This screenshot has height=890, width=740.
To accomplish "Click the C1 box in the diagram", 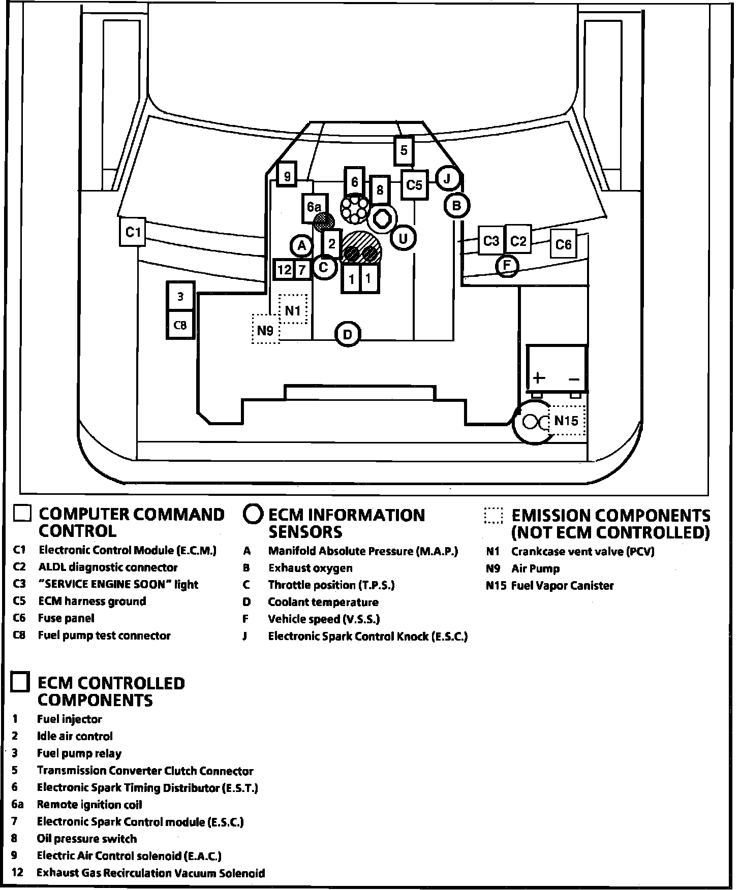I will tap(133, 232).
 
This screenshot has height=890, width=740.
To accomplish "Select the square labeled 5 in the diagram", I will tap(404, 150).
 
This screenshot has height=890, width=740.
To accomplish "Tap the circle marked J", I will tap(447, 179).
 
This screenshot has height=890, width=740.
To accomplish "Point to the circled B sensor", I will tap(456, 206).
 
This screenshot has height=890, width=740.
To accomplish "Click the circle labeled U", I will tap(403, 238).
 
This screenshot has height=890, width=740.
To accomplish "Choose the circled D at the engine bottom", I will tap(348, 335).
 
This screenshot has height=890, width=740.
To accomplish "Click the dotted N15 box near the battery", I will tap(567, 421).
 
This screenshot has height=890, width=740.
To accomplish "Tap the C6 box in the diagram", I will tap(564, 245).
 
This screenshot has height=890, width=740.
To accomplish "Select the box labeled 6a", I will tap(314, 207).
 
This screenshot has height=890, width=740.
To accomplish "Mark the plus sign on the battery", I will tap(539, 378).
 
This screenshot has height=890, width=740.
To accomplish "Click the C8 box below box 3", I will tap(180, 325).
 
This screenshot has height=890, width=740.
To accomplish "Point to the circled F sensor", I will tap(507, 265).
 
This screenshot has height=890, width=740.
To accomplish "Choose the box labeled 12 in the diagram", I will tap(284, 269).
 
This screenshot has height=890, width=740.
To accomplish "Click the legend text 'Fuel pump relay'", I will tap(79, 753).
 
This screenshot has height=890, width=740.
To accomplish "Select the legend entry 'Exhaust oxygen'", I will tap(310, 568).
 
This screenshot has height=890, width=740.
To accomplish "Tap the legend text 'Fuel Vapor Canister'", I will tap(562, 586).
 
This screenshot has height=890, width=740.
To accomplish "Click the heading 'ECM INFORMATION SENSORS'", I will tap(346, 523).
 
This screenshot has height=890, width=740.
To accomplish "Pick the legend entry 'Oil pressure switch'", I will tap(86, 839).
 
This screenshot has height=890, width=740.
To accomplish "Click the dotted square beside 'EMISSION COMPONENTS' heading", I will tap(493, 516).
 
